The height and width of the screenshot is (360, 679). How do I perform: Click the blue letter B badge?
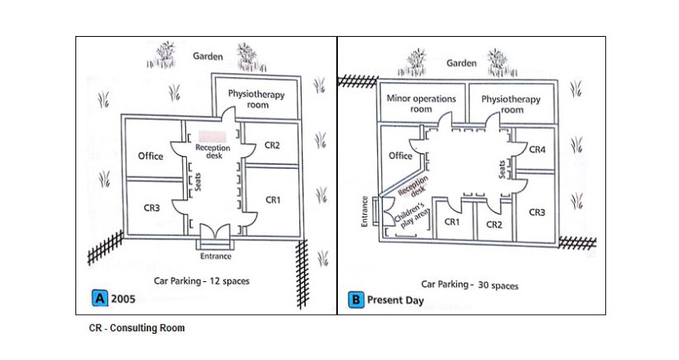[355, 300]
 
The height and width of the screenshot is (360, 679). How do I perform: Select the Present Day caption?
[395, 301]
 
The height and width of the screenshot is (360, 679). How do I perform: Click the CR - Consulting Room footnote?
[137, 328]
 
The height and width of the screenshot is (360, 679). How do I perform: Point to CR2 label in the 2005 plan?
[273, 145]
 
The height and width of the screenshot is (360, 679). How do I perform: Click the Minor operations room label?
[421, 103]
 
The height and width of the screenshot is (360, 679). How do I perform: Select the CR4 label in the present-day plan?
[537, 150]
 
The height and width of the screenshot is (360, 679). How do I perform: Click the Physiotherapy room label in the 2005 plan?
[257, 99]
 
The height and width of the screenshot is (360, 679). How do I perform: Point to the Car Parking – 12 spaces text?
[202, 280]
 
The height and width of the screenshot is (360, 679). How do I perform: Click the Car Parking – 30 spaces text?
[470, 285]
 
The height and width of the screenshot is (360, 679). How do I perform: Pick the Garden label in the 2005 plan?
[207, 57]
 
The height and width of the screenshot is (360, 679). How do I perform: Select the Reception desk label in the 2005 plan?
[212, 152]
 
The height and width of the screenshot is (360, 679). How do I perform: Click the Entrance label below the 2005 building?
[216, 256]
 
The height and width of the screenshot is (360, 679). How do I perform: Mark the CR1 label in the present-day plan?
[452, 222]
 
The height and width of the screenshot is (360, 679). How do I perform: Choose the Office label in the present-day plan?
[400, 155]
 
